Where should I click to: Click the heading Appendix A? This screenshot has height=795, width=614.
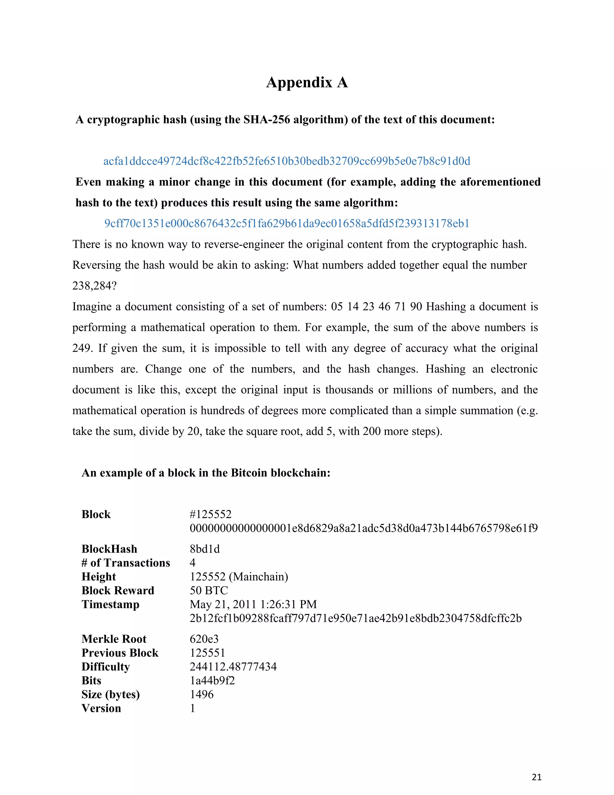click(x=307, y=82)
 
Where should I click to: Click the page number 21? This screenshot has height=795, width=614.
click(x=537, y=777)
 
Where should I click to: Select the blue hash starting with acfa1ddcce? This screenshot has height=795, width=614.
click(x=287, y=161)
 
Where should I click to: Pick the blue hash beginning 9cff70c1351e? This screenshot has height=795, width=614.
click(x=287, y=223)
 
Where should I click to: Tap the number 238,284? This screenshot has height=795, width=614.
click(x=94, y=286)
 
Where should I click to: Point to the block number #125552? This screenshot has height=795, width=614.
click(x=210, y=514)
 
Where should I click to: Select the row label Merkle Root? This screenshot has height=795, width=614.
click(x=114, y=639)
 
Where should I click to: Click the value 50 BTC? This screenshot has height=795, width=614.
click(x=209, y=590)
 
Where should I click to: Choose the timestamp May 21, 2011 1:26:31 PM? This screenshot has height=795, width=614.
click(x=253, y=604)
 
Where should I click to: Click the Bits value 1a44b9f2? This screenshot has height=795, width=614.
click(x=212, y=680)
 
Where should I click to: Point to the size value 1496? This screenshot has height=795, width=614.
click(x=201, y=694)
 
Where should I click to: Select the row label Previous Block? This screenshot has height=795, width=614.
click(x=120, y=653)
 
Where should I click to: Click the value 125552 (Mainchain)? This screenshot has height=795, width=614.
click(x=239, y=577)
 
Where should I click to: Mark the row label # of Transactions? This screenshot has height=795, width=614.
click(x=126, y=563)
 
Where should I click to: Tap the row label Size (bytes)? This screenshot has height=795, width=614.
click(x=111, y=694)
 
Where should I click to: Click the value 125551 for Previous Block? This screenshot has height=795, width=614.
click(x=207, y=653)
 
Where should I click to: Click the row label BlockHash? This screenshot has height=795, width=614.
click(x=109, y=549)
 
